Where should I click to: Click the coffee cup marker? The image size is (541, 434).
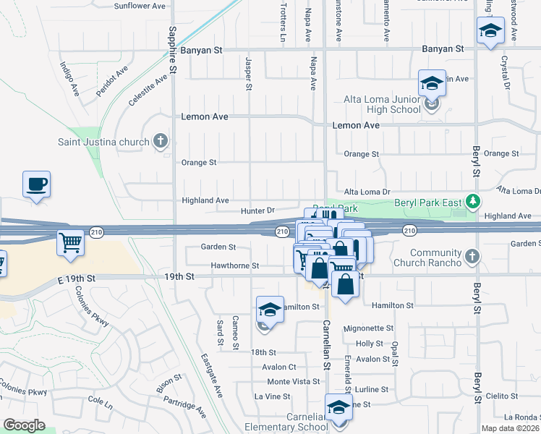pyautogui.click(x=36, y=184)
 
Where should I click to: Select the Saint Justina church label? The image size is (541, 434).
pyautogui.click(x=104, y=141)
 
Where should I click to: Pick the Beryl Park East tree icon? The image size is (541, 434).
pyautogui.click(x=474, y=200)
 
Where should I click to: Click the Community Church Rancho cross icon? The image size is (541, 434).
pyautogui.click(x=472, y=256)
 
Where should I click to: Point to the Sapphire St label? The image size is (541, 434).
pyautogui.click(x=173, y=50)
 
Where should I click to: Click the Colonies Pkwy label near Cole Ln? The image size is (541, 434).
pyautogui.click(x=25, y=391)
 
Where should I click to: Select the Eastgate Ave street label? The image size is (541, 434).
pyautogui.click(x=212, y=375)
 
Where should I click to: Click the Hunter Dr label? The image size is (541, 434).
pyautogui.click(x=258, y=210)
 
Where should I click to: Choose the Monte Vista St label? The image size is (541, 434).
pyautogui.click(x=293, y=381)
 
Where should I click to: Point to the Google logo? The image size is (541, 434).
pyautogui.click(x=24, y=425)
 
